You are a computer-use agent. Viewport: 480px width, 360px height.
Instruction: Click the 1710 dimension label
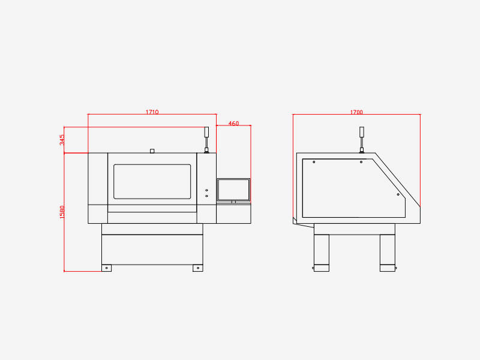(152, 112)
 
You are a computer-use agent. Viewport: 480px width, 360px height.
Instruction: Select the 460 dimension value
(233, 124)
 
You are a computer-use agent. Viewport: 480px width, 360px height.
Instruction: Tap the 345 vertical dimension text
(62, 140)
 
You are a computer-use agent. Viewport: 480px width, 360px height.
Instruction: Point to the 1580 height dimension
(62, 212)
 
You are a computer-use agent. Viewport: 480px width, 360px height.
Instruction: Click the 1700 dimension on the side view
(356, 112)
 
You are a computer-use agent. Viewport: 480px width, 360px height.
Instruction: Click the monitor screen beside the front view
(233, 190)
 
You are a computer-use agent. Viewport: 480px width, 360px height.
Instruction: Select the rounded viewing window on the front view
(152, 182)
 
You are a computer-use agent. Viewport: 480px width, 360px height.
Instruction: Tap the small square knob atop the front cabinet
(152, 151)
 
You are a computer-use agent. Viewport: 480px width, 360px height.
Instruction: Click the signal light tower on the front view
(206, 140)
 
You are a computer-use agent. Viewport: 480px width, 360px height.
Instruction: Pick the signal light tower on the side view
(362, 140)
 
